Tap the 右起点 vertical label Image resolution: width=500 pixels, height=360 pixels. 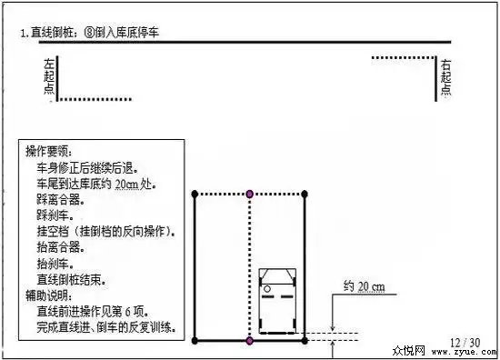[x=445, y=78]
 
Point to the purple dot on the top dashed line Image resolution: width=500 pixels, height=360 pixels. [x=250, y=194]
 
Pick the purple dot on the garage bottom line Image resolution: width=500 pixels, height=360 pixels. [x=250, y=341]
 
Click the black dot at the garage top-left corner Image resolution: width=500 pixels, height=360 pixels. [x=195, y=194]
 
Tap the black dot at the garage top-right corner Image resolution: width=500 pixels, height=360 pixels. [x=305, y=194]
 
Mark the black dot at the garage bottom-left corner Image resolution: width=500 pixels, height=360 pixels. [x=195, y=341]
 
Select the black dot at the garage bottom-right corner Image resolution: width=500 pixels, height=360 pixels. [x=305, y=341]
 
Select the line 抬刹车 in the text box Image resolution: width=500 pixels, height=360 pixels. [x=54, y=264]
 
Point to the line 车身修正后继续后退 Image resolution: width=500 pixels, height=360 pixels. [x=85, y=167]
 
